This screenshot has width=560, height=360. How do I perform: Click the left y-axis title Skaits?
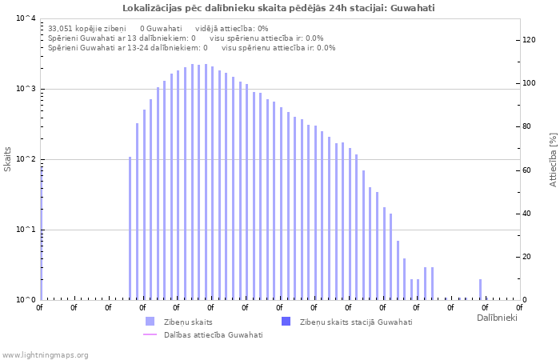pyautogui.click(x=8, y=159)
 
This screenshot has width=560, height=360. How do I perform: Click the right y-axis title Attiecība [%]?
pyautogui.click(x=553, y=159)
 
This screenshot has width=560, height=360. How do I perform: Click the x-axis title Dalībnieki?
pyautogui.click(x=497, y=318)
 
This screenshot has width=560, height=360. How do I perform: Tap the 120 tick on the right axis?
pyautogui.click(x=529, y=40)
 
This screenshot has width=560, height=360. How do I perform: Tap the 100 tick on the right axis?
pyautogui.click(x=529, y=83)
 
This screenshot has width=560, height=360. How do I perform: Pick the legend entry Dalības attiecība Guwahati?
pyautogui.click(x=213, y=334)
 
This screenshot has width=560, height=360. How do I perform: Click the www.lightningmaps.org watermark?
pyautogui.click(x=45, y=354)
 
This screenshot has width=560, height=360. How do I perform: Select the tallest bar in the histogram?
pyautogui.click(x=192, y=182)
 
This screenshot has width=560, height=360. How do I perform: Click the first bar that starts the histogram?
pyautogui.click(x=130, y=228)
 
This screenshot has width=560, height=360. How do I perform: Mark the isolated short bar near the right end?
pyautogui.click(x=480, y=290)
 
